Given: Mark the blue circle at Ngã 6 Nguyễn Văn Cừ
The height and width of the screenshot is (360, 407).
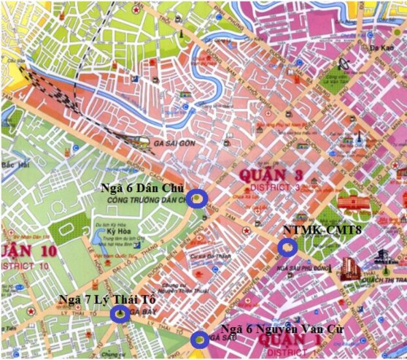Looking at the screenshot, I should (x=198, y=339).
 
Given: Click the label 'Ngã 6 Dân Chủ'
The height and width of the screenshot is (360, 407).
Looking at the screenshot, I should (x=143, y=187).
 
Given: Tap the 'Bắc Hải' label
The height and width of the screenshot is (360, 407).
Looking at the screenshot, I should (x=11, y=165).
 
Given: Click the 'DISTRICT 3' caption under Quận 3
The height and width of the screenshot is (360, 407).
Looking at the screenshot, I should (x=277, y=188).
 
